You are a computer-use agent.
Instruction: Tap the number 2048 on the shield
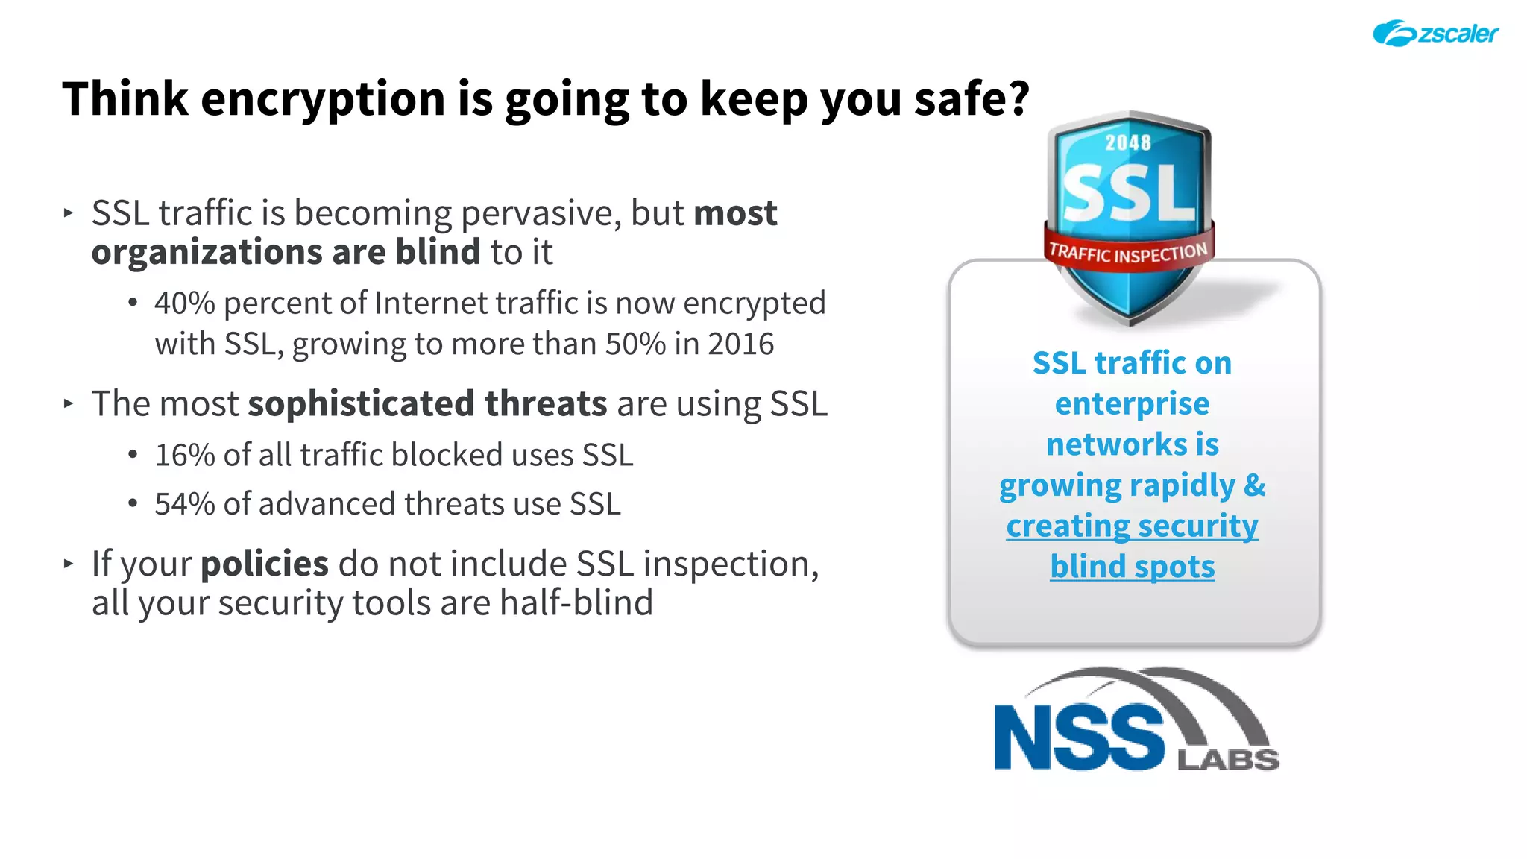pos(1127,142)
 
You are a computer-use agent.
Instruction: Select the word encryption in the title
pos(322,99)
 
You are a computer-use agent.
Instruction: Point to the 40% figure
pos(184,303)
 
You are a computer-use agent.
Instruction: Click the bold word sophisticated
pos(361,404)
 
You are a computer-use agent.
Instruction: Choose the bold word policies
pos(265,564)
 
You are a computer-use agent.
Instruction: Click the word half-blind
pos(576,602)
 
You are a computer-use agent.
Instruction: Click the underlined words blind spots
pos(1132,567)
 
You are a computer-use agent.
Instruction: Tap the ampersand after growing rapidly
pos(1255,485)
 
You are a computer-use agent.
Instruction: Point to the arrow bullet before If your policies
pos(69,564)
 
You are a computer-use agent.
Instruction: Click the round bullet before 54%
pos(133,504)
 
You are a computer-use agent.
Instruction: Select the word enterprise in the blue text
pos(1132,404)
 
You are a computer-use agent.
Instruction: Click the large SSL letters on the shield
pos(1128,193)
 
